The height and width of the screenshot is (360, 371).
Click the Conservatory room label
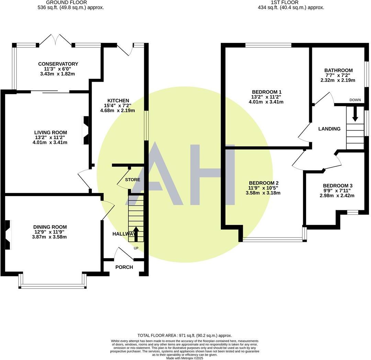58,64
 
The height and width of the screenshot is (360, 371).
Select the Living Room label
50,132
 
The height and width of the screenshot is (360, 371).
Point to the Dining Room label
50,227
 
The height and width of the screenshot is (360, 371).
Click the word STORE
132,180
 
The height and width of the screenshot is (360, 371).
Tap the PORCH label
124,267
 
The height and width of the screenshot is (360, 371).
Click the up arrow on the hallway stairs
136,234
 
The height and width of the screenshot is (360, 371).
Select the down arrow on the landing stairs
355,114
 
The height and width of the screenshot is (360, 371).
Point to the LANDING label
329,129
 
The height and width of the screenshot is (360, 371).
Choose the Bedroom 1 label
267,92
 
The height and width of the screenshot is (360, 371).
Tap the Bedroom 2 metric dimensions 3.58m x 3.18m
263,193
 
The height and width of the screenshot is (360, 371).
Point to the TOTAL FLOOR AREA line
184,335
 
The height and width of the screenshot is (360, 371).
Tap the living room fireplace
85,130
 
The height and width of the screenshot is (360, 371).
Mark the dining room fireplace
8,234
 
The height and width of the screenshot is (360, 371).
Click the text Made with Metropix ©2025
184,358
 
